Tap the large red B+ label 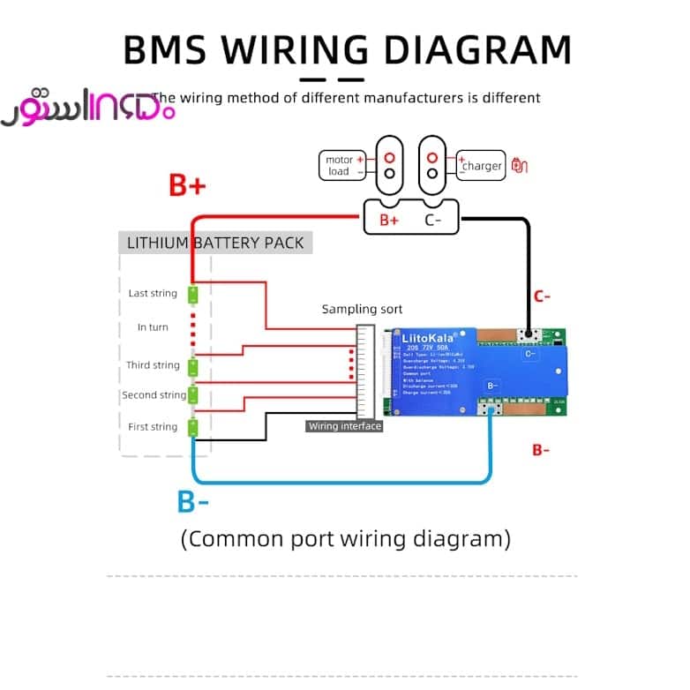point(187,185)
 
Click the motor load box point(344,165)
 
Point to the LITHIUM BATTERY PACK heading point(215,243)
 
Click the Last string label point(153,293)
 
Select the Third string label point(153,364)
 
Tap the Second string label point(154,395)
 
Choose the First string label point(153,427)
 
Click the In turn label point(153,327)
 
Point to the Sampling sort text point(362,309)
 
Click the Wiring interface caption point(344,426)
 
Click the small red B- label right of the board point(541,450)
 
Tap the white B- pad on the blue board point(492,385)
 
